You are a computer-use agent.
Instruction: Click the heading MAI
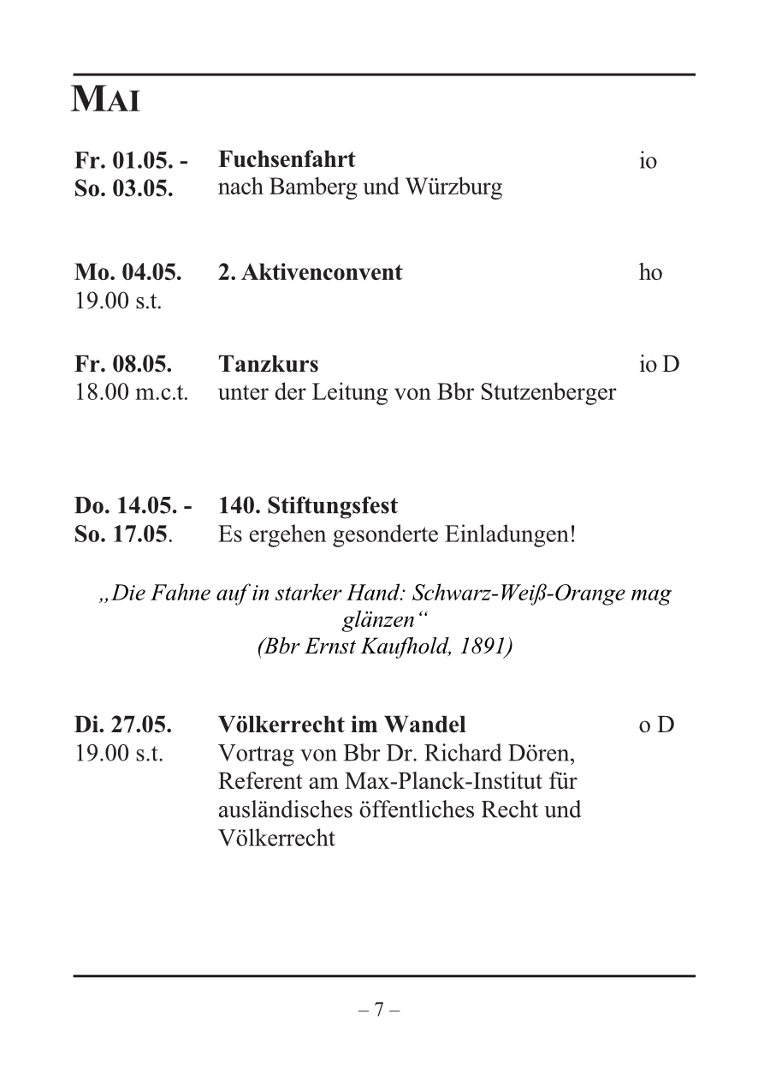tap(106, 101)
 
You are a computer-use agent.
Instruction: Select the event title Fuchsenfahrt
tap(287, 159)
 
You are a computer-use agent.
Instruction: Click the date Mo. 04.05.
tap(127, 273)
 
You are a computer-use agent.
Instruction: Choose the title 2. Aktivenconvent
tap(310, 273)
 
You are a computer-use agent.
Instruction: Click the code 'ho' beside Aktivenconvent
tap(650, 273)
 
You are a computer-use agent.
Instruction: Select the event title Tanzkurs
tap(269, 364)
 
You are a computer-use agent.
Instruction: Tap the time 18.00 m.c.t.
tap(132, 393)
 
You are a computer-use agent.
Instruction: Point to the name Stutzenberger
tap(548, 393)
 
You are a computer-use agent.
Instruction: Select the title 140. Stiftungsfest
tap(308, 506)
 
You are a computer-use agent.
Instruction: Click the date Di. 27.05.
tap(123, 725)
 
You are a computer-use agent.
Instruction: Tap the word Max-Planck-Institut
tap(442, 781)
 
